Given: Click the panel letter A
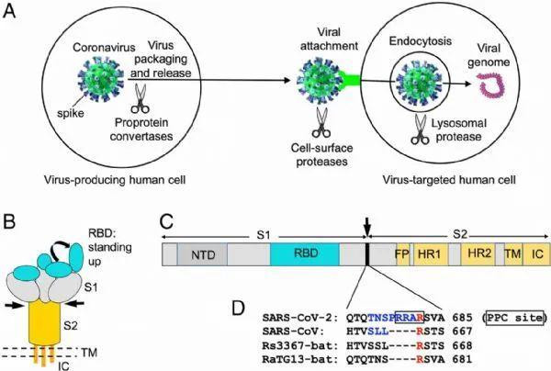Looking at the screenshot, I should pos(11,13).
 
